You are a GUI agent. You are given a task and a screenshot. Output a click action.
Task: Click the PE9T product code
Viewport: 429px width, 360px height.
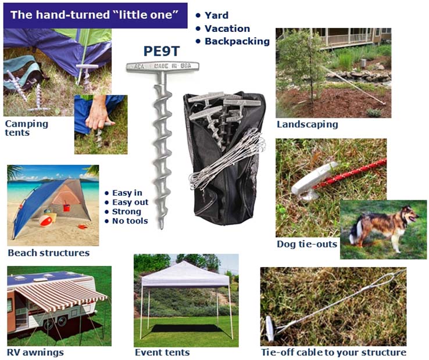pyautogui.click(x=162, y=51)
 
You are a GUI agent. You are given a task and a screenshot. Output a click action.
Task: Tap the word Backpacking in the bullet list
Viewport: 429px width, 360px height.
pyautogui.click(x=237, y=41)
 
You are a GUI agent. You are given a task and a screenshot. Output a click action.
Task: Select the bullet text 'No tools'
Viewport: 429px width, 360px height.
pyautogui.click(x=130, y=221)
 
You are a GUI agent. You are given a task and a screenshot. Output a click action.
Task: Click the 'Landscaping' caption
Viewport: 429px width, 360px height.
pyautogui.click(x=308, y=124)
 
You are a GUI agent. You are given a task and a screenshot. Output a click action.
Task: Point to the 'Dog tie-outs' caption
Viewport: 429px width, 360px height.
pyautogui.click(x=307, y=244)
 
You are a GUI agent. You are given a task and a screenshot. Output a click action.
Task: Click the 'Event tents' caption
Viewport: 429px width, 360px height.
pyautogui.click(x=162, y=352)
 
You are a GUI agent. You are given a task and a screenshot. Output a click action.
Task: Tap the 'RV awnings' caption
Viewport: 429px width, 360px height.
pyautogui.click(x=35, y=352)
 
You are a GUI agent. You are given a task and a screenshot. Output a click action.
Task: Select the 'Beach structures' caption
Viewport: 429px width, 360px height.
pyautogui.click(x=49, y=253)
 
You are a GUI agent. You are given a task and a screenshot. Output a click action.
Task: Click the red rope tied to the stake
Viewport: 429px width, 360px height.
pyautogui.click(x=350, y=175)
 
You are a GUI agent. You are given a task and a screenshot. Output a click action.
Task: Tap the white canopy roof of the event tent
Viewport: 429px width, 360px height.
pyautogui.click(x=185, y=273)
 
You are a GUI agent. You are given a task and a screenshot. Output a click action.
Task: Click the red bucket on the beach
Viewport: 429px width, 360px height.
pyautogui.click(x=66, y=207)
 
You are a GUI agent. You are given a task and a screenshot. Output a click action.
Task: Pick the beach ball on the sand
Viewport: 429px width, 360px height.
pyautogui.click(x=46, y=221)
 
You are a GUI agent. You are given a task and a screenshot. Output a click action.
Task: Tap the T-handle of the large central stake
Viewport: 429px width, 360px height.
pyautogui.click(x=163, y=66)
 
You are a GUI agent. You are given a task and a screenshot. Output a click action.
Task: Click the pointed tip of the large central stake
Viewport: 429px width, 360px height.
pyautogui.click(x=162, y=228)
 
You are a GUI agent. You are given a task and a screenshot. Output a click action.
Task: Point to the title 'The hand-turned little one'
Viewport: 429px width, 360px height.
pyautogui.click(x=94, y=15)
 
